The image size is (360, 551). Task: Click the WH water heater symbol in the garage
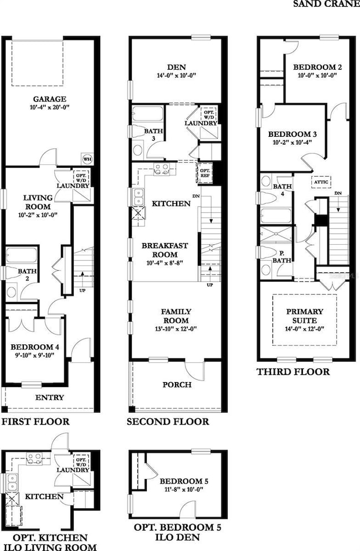click(x=86, y=157)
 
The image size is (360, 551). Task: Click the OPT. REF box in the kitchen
click(x=205, y=173)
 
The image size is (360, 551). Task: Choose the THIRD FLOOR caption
click(x=293, y=372)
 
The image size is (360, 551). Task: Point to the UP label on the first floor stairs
click(x=83, y=290)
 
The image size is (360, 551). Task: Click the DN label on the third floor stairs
click(x=338, y=193)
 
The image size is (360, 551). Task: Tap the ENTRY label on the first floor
click(x=50, y=397)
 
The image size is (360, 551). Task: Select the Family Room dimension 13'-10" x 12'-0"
click(x=176, y=329)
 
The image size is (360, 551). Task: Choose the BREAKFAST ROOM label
click(x=164, y=249)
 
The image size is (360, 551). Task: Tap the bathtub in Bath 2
click(x=21, y=256)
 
